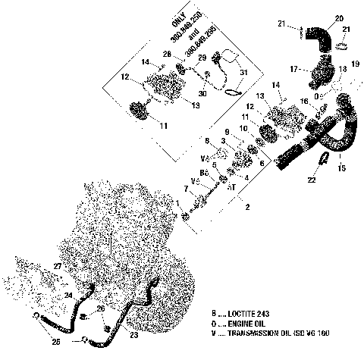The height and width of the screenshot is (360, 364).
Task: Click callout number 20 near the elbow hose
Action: point(339,17)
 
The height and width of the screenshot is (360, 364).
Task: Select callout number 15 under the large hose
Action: point(340,167)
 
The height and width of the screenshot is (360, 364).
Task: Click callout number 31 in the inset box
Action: point(243,73)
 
